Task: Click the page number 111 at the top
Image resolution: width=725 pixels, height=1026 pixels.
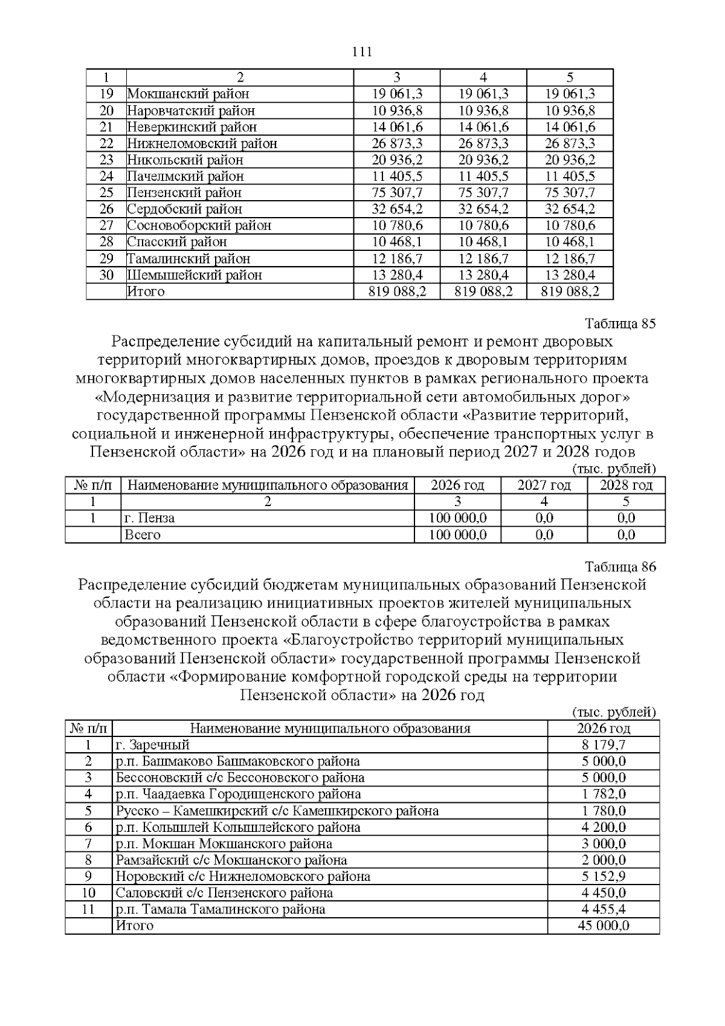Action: tap(362, 52)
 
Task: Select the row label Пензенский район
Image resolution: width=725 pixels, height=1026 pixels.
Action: tap(184, 193)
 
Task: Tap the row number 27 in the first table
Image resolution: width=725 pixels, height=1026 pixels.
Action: tap(106, 226)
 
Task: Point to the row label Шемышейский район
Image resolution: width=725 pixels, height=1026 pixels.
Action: tap(195, 275)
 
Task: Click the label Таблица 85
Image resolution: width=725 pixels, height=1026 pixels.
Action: tap(620, 323)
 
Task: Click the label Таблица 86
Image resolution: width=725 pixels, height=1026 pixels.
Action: tap(620, 567)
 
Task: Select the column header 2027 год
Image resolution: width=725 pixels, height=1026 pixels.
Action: tap(544, 485)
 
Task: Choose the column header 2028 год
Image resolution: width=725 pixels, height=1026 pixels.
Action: tap(626, 485)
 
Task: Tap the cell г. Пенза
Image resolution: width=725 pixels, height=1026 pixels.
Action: tap(149, 518)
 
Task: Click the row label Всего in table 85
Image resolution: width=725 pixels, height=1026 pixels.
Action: tap(143, 535)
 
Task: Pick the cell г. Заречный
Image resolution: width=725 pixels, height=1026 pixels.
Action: tap(153, 745)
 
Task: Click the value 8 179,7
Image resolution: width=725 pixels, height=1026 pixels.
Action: tap(604, 745)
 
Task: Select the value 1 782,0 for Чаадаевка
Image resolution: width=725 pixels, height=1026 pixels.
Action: tap(604, 794)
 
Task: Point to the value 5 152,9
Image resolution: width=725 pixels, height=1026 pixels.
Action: tap(604, 877)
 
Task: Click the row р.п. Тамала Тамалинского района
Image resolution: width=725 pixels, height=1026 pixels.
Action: tap(221, 909)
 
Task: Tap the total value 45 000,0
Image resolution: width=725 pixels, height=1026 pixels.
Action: tap(604, 926)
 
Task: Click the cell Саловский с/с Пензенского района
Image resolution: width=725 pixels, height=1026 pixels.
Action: tap(224, 893)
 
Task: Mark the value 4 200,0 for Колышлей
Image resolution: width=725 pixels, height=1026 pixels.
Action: tap(604, 827)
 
